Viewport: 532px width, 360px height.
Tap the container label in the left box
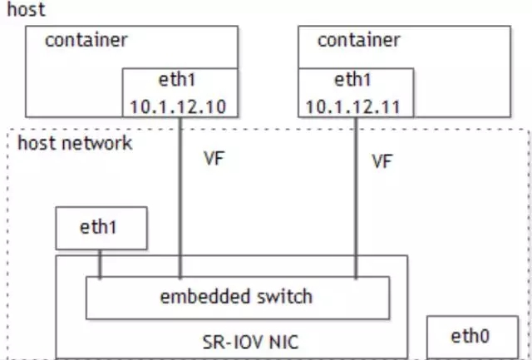point(86,40)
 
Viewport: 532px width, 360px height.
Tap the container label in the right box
point(358,40)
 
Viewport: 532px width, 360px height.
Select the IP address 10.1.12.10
point(180,106)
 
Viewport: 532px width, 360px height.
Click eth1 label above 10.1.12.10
point(180,82)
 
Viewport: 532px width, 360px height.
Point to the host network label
point(74,144)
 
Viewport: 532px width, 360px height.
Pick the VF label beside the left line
point(214,160)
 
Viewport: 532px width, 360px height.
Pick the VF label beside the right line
point(382,162)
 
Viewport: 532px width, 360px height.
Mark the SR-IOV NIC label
point(239,341)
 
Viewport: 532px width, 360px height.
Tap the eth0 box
point(470,336)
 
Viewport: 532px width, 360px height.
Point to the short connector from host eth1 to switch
point(100,264)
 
